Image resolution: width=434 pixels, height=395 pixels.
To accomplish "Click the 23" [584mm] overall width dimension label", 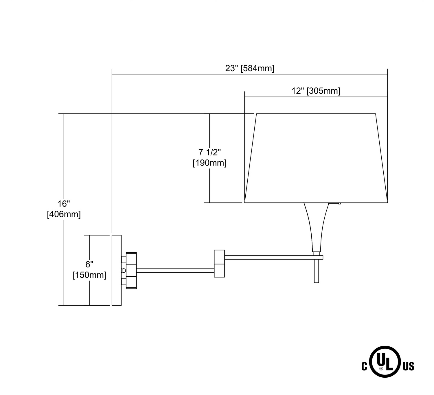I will (249, 69).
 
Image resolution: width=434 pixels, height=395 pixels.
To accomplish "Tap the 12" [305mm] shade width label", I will (316, 91).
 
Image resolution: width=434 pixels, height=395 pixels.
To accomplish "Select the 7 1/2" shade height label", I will (209, 152).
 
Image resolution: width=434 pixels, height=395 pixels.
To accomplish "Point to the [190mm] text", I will (209, 163).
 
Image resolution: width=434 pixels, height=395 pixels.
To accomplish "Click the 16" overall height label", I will (64, 204).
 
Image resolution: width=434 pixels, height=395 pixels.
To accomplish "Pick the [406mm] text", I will (64, 214).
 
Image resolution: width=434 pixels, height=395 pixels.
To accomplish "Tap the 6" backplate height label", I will (89, 264).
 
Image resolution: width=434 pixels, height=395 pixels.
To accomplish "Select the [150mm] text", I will (89, 275).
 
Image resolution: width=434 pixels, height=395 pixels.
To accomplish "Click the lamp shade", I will (316, 158).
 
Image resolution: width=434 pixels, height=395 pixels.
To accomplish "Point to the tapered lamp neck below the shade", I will (316, 226).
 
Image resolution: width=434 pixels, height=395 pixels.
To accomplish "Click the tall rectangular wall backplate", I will (116, 270).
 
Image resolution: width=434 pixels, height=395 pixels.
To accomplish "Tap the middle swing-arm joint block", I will (219, 263).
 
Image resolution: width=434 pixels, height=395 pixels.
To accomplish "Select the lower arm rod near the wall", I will (175, 271).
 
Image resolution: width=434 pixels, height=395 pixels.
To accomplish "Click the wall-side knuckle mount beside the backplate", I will (131, 271).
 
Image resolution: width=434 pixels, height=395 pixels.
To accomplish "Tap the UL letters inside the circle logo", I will (385, 361).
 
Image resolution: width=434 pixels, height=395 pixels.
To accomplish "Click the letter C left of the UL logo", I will (364, 367).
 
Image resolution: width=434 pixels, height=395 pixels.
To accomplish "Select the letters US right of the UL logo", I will (409, 367).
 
